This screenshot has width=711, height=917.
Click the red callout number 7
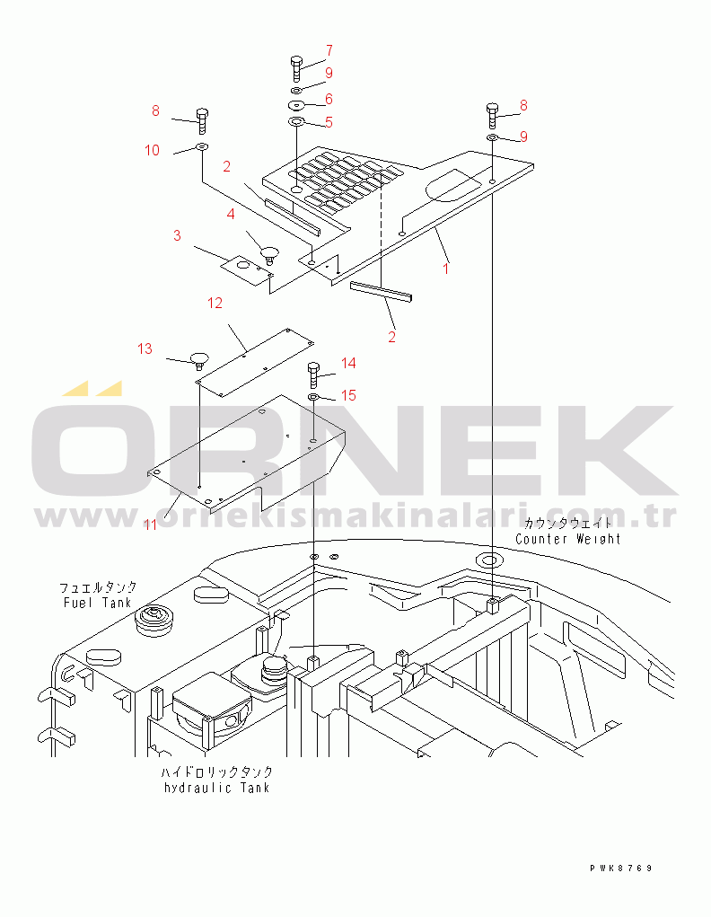point(329,51)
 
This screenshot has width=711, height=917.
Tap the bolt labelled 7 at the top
point(296,69)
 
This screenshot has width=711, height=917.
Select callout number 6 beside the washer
point(329,99)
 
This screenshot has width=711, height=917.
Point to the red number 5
point(329,122)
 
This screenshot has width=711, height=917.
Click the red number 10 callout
point(152,150)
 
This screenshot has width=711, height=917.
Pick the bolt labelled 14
point(313,375)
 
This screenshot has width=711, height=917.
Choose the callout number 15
point(348,395)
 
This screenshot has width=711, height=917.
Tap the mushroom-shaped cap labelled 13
point(199,359)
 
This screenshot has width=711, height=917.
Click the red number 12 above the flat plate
point(215,303)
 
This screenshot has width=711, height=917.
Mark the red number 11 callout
point(151,525)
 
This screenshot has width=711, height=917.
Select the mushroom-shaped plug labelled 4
point(269,254)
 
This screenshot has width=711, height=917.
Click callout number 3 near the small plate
point(177,235)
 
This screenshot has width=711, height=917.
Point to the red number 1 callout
point(446,269)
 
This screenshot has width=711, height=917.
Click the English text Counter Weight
point(567,539)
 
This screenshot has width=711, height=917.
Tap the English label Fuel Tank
point(97,603)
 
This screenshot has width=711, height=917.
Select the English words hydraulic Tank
point(217,788)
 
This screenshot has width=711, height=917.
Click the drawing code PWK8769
point(621,869)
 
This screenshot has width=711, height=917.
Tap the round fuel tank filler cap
point(154,621)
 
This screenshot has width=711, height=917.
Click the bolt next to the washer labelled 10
point(202,121)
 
